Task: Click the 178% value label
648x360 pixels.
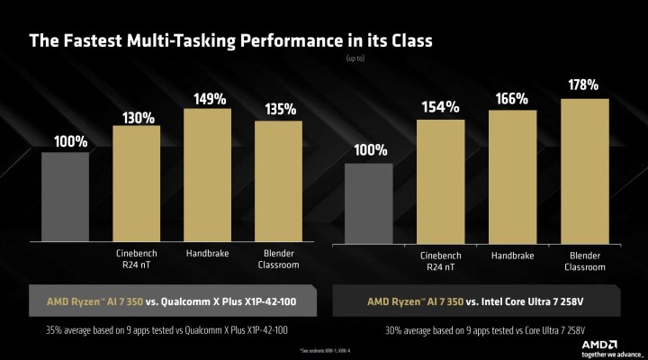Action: tap(583, 85)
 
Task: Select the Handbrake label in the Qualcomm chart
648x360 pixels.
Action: tap(207, 254)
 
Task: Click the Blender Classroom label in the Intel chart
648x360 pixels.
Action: tap(582, 259)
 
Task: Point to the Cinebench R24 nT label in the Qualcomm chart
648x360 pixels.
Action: tap(136, 259)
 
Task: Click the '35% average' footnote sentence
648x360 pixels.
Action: tap(169, 329)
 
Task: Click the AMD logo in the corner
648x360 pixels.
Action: tap(611, 341)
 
